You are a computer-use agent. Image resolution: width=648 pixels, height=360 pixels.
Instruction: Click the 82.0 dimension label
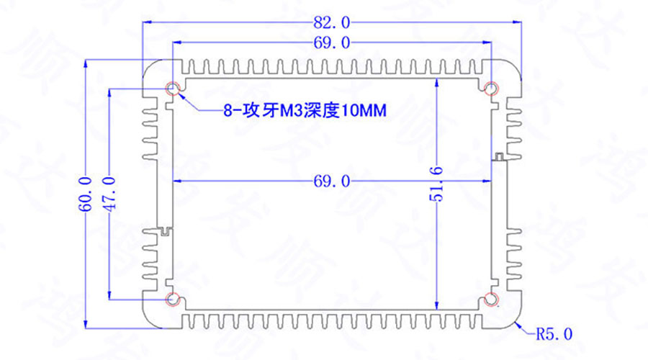pyautogui.click(x=332, y=22)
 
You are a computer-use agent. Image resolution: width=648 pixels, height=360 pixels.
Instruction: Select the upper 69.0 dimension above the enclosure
pyautogui.click(x=332, y=43)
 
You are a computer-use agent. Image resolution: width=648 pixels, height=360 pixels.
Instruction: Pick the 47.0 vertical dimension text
pyautogui.click(x=109, y=193)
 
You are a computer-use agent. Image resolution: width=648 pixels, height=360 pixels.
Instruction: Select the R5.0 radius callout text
pyautogui.click(x=555, y=333)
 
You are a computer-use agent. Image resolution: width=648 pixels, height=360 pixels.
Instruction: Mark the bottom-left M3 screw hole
pyautogui.click(x=173, y=298)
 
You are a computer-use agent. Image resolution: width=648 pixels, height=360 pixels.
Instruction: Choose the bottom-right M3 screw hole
pyautogui.click(x=492, y=298)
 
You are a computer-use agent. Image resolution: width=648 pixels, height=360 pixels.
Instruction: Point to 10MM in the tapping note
pyautogui.click(x=364, y=112)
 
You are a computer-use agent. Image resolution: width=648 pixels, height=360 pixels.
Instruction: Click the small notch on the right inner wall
pyautogui.click(x=498, y=156)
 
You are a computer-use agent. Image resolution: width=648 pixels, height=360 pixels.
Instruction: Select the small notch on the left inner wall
pyautogui.click(x=166, y=230)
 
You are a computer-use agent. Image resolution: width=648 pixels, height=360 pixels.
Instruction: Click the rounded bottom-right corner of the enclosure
pyautogui.click(x=513, y=320)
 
